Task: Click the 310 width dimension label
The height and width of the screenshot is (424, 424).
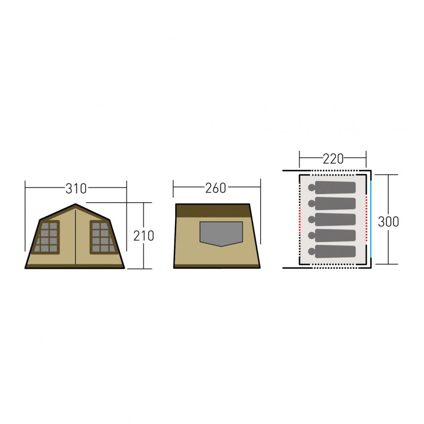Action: [76, 188]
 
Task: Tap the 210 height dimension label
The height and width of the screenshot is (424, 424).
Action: [144, 236]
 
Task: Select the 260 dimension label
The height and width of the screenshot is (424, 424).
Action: [215, 188]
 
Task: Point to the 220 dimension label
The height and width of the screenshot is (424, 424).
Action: [333, 159]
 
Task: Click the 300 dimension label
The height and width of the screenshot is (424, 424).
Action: [388, 222]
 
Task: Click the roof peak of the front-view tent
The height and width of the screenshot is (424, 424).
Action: [76, 204]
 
